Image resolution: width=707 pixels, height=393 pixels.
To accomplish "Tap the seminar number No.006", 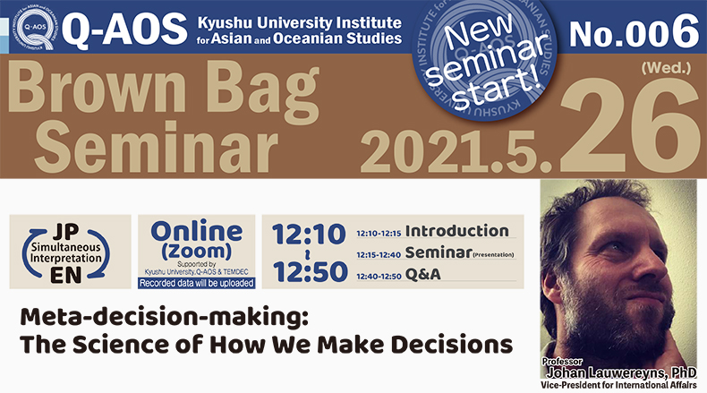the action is (x=634, y=30).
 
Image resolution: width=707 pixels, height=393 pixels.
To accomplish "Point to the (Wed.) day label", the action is (x=666, y=68).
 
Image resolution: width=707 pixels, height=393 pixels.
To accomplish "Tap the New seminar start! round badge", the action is (x=485, y=60).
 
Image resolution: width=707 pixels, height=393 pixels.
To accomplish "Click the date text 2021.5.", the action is (x=456, y=151).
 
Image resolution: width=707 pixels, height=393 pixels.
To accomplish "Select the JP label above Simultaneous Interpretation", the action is (x=66, y=232).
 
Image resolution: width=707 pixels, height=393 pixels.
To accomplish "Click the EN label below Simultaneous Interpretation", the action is (x=66, y=275).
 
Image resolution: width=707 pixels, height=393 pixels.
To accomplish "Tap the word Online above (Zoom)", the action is (x=197, y=232).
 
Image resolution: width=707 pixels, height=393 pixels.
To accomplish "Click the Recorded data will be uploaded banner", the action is (x=197, y=284).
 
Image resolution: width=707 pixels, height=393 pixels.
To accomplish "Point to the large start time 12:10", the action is (x=309, y=235).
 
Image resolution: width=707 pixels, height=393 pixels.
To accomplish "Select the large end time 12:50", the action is (x=310, y=271).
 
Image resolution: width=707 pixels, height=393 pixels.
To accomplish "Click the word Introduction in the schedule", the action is (x=456, y=231).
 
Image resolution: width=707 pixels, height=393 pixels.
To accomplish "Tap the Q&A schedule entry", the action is (x=423, y=274).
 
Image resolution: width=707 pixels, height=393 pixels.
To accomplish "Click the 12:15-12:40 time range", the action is (x=379, y=255).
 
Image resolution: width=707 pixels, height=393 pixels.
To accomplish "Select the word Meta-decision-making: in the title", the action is (x=164, y=318).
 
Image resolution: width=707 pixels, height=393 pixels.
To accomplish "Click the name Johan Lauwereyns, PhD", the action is (x=621, y=372).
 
